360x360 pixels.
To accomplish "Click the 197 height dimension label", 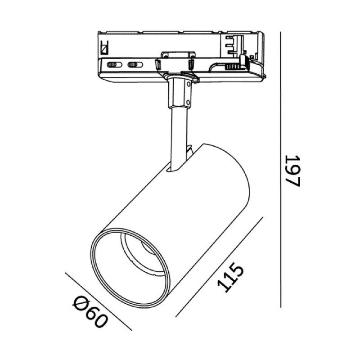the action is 293,171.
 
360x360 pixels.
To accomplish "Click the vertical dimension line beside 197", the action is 281,170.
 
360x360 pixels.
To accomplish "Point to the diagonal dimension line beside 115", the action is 219,267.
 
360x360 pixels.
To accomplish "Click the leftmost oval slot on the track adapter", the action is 114,65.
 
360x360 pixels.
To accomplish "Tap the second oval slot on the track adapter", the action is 135,65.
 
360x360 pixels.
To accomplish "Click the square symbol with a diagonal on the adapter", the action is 105,48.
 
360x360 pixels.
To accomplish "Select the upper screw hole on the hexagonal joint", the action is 189,84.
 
